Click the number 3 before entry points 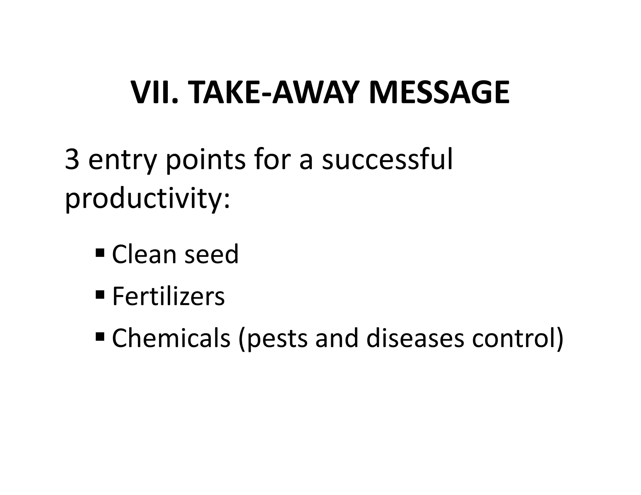tap(72, 159)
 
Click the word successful tap(387, 159)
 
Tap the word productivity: tap(147, 199)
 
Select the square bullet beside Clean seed tap(100, 252)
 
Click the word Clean tap(144, 254)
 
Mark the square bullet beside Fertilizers tap(100, 294)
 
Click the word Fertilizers tap(168, 296)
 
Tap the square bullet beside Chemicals tap(100, 336)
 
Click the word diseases tap(415, 338)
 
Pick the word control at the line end tap(514, 338)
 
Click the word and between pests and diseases tap(336, 338)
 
